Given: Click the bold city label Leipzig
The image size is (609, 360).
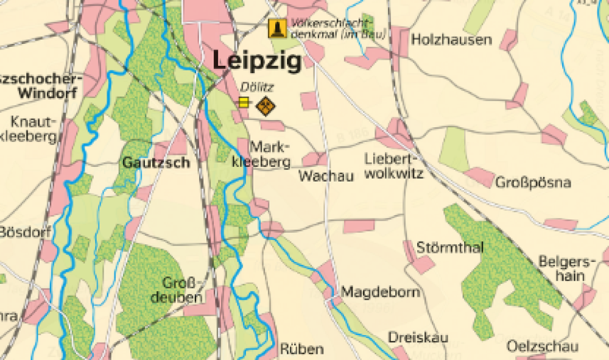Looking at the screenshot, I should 257,62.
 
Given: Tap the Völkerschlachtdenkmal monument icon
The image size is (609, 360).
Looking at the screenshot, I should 277,28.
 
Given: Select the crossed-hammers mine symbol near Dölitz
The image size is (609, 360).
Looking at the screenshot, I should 266,106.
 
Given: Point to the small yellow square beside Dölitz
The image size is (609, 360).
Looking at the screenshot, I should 244,102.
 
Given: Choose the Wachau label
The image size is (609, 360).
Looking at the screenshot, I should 326,177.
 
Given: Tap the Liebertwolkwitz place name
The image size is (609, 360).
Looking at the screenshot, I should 393,165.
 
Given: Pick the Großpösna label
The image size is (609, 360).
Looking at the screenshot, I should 533,183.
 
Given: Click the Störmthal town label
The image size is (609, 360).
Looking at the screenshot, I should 450,248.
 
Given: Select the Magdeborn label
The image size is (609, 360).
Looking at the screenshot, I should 380,292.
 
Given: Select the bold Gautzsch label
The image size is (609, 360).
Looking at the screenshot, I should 156,163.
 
